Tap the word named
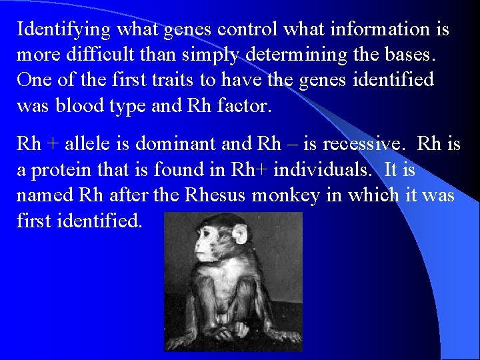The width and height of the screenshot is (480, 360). [x=45, y=195]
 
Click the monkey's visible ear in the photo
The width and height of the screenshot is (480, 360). [x=239, y=235]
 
